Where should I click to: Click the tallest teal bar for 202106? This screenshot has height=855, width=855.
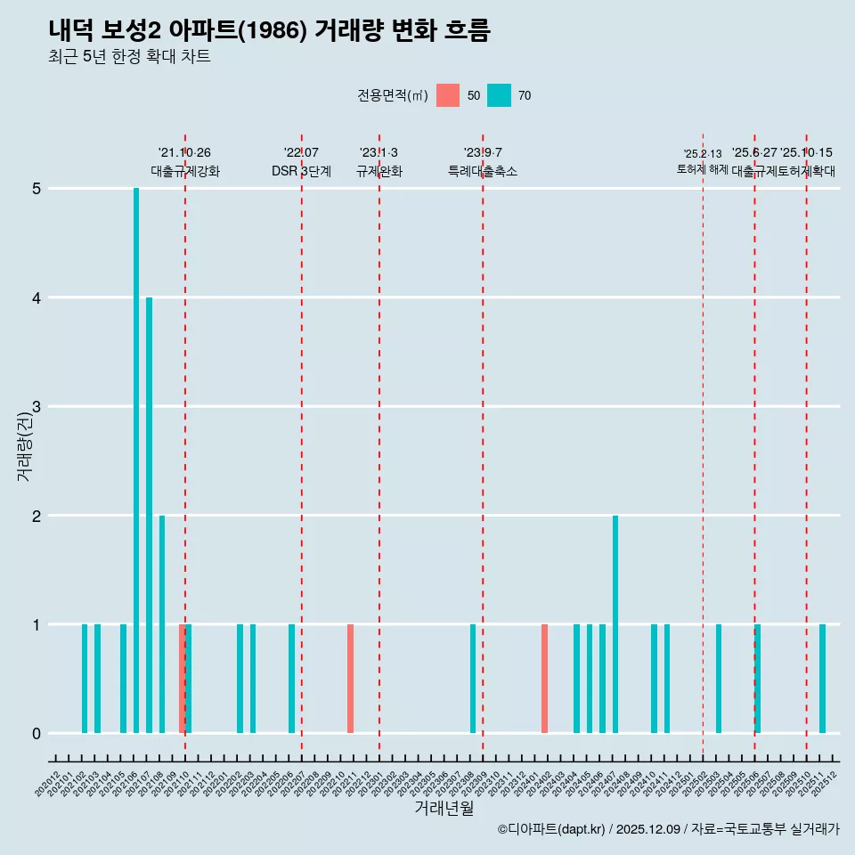point(136,460)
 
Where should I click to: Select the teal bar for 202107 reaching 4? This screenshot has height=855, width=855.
point(149,515)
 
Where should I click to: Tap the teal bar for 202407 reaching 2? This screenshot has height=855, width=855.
point(615,623)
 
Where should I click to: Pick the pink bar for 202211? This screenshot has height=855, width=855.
point(350,679)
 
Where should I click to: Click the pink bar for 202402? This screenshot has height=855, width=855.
point(544,679)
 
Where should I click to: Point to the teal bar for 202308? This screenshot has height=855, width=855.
point(473,679)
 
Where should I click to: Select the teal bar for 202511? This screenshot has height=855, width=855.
point(822,679)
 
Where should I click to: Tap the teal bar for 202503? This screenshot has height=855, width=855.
point(719,679)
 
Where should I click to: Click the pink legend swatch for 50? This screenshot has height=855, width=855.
point(448,95)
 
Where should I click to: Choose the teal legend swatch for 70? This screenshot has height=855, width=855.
point(499,95)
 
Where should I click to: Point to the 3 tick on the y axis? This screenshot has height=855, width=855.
point(37,407)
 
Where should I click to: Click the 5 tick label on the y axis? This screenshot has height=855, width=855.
point(37,189)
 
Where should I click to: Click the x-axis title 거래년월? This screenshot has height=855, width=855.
point(444,808)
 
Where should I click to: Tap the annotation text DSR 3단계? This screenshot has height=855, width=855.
point(301,171)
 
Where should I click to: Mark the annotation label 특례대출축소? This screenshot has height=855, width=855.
point(482,171)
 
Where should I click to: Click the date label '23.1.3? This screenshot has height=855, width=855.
point(379,153)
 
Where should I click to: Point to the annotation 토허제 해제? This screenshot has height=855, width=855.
point(702,169)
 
